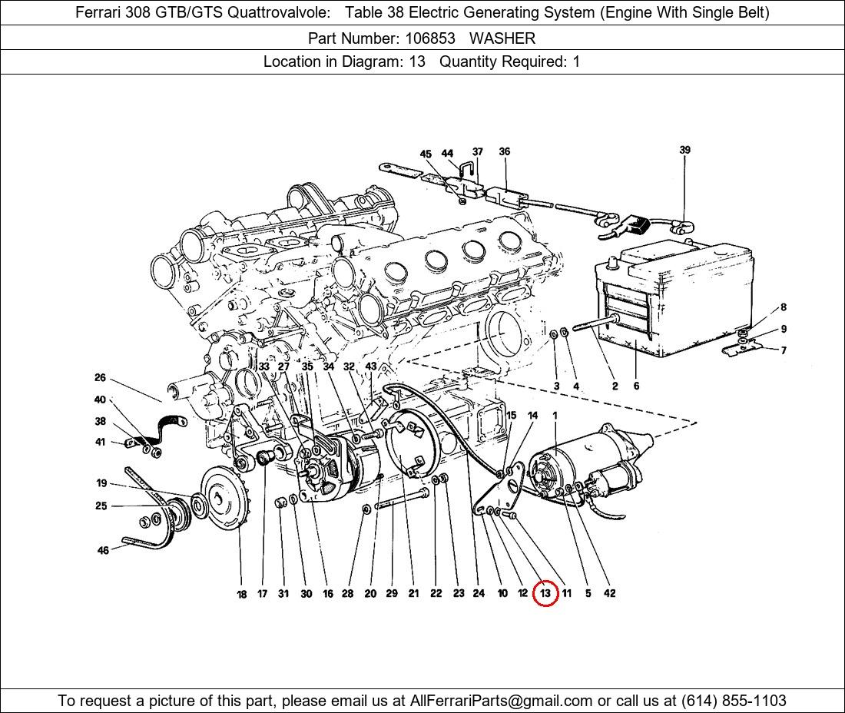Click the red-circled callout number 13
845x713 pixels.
coord(545,593)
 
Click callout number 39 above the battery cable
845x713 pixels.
coord(684,150)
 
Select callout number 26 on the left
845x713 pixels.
coord(100,378)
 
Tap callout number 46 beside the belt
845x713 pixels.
coord(103,550)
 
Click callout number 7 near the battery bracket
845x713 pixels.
coord(784,351)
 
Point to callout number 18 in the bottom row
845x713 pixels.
coord(241,594)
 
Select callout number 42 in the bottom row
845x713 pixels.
coord(609,593)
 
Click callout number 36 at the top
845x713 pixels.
coord(504,151)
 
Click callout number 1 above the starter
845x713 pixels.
coord(555,416)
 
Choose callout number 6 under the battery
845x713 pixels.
coord(636,386)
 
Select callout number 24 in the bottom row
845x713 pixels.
coord(479,593)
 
